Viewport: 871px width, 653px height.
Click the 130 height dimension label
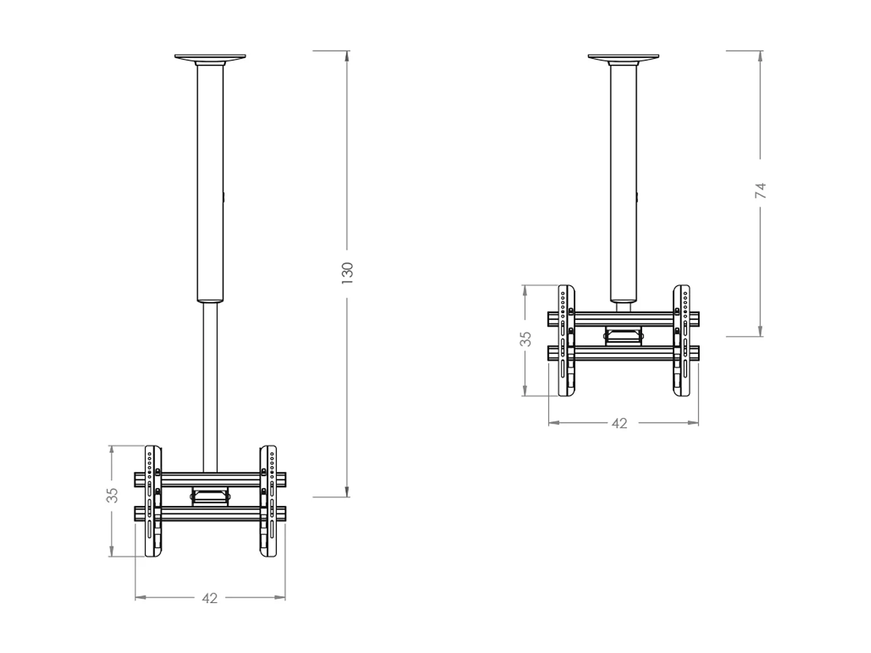click(x=347, y=273)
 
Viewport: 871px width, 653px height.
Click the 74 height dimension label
click(x=761, y=190)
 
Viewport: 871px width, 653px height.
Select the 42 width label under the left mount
click(x=210, y=598)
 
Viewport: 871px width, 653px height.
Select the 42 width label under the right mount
click(x=620, y=424)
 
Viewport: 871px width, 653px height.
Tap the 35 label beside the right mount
click(x=525, y=339)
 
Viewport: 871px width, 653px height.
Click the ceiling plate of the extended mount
click(x=210, y=57)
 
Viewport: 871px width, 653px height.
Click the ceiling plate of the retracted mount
click(x=623, y=57)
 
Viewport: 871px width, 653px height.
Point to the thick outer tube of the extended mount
click(x=210, y=180)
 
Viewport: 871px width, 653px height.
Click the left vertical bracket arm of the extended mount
click(x=153, y=502)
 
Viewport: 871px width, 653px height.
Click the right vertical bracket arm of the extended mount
click(x=268, y=502)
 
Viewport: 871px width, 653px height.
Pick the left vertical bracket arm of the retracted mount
click(x=566, y=341)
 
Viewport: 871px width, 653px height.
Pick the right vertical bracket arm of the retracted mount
click(x=681, y=341)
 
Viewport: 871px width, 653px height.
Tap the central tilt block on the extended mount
click(x=210, y=496)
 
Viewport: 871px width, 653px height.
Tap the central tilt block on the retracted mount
click(x=624, y=335)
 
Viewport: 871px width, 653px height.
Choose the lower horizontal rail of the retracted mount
click(x=623, y=353)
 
